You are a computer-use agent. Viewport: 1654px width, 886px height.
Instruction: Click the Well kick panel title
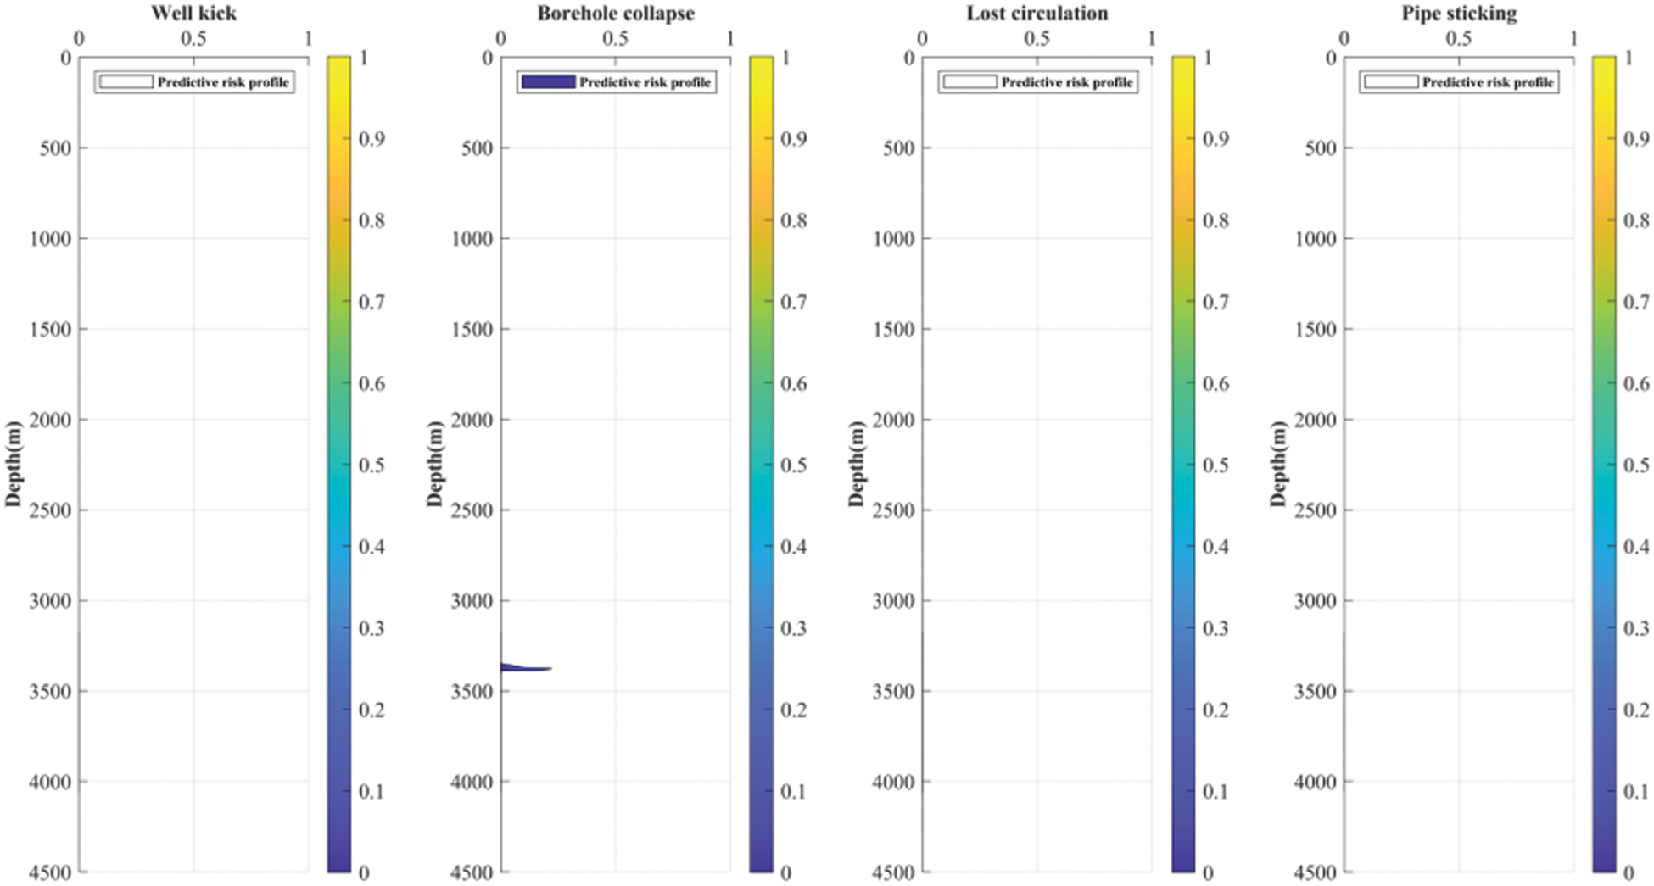coord(193,13)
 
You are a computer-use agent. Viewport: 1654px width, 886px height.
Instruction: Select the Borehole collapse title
coord(615,13)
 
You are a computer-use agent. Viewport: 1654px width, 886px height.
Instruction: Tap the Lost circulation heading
coord(1037,13)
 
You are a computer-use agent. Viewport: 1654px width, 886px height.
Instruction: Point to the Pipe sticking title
coord(1458,13)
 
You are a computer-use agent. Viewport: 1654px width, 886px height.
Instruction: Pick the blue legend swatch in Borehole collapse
coord(548,82)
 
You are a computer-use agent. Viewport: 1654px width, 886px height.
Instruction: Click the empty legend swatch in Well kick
coord(126,82)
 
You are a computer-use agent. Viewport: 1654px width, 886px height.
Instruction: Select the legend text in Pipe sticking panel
coord(1488,82)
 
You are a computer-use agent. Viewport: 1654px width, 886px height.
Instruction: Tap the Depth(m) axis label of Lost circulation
coord(855,464)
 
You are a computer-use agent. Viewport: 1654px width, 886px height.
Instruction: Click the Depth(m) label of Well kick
coord(12,464)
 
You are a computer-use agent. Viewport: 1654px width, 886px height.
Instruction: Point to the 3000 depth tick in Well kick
coord(50,601)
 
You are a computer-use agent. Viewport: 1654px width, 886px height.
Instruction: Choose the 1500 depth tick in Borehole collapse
coord(472,329)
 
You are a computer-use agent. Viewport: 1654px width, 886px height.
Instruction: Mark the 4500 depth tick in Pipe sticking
coord(1315,872)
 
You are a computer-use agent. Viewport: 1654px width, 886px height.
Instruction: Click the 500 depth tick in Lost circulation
coord(898,148)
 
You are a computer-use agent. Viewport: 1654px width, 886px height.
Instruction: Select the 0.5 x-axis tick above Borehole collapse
coord(615,38)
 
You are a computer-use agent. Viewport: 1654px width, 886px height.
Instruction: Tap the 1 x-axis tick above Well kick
coord(308,38)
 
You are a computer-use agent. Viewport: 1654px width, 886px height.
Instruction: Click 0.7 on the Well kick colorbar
coord(372,302)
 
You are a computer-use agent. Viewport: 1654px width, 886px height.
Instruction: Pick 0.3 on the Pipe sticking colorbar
coord(1636,628)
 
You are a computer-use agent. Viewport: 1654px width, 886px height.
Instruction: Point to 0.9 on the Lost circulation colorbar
coord(1215,139)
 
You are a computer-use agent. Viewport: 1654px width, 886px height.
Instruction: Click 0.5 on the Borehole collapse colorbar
coord(793,465)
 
